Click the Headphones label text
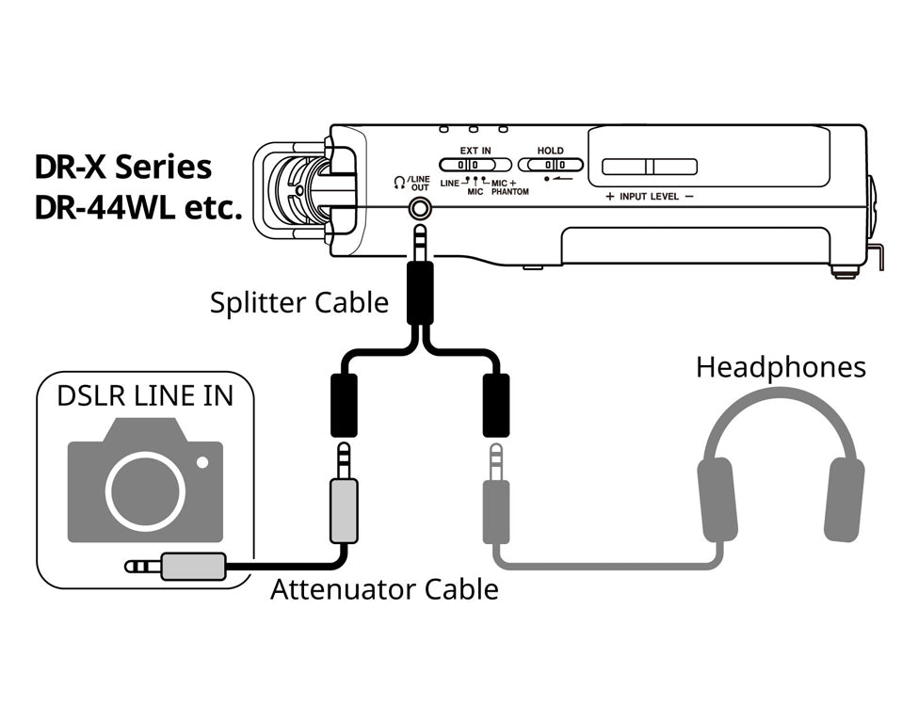point(781,366)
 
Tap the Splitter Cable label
point(298,302)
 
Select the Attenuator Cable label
point(384,589)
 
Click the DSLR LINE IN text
point(145,395)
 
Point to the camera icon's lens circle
point(145,491)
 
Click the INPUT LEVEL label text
point(650,197)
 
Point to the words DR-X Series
point(122,168)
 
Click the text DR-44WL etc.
point(138,209)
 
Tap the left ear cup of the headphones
point(717,500)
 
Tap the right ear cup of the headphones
point(844,500)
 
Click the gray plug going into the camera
point(193,566)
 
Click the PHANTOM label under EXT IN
point(509,191)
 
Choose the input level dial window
point(650,167)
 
